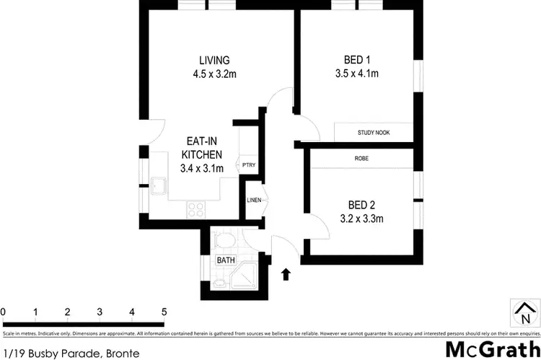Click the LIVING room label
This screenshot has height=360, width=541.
pyautogui.click(x=214, y=60)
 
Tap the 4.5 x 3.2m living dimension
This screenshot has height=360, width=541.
pyautogui.click(x=214, y=73)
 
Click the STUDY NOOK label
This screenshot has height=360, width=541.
pyautogui.click(x=373, y=133)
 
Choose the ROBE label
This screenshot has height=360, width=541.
pyautogui.click(x=362, y=158)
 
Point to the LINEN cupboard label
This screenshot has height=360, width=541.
pyautogui.click(x=254, y=200)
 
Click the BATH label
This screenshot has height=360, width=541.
pyautogui.click(x=225, y=260)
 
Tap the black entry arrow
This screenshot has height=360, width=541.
pyautogui.click(x=286, y=274)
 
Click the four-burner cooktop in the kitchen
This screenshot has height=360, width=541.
pyautogui.click(x=195, y=208)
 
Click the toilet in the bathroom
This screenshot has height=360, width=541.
pyautogui.click(x=225, y=239)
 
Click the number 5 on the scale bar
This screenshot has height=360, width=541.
pyautogui.click(x=164, y=312)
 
